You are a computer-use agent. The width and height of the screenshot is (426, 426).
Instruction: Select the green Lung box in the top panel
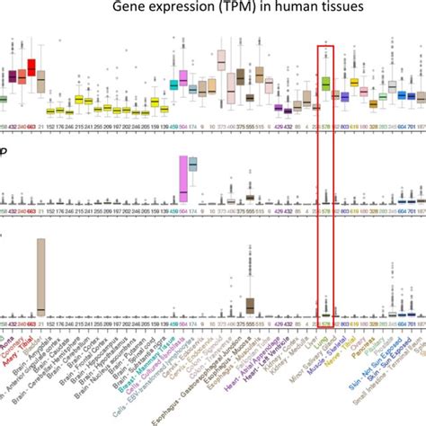pos(326,84)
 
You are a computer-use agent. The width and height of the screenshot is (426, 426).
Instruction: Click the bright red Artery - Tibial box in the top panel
pos(31,67)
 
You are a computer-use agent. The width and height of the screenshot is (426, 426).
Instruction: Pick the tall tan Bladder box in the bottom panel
pos(40,278)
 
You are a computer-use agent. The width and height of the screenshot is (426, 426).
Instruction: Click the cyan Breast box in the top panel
pos(173,84)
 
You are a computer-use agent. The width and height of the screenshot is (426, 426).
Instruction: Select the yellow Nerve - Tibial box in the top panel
pos(354,84)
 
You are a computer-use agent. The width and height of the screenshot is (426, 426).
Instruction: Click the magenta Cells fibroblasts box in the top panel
pos(183,79)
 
